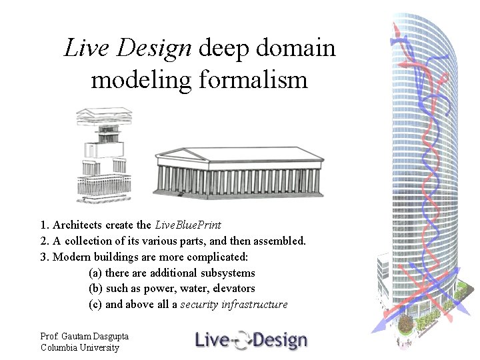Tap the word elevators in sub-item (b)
tap(233, 289)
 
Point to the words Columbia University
tap(79, 347)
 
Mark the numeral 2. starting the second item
tap(44, 241)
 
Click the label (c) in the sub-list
tap(95, 305)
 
